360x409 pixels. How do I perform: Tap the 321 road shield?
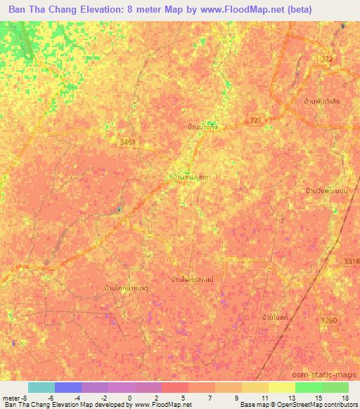click(x=255, y=121)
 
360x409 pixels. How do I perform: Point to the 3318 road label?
click(x=352, y=261)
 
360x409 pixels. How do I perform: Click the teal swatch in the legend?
click(x=41, y=387)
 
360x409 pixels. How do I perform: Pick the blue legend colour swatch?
click(x=68, y=387)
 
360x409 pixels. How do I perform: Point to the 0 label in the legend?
click(x=128, y=397)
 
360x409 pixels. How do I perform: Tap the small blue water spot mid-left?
click(x=120, y=208)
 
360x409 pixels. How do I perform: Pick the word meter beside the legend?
click(x=11, y=397)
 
